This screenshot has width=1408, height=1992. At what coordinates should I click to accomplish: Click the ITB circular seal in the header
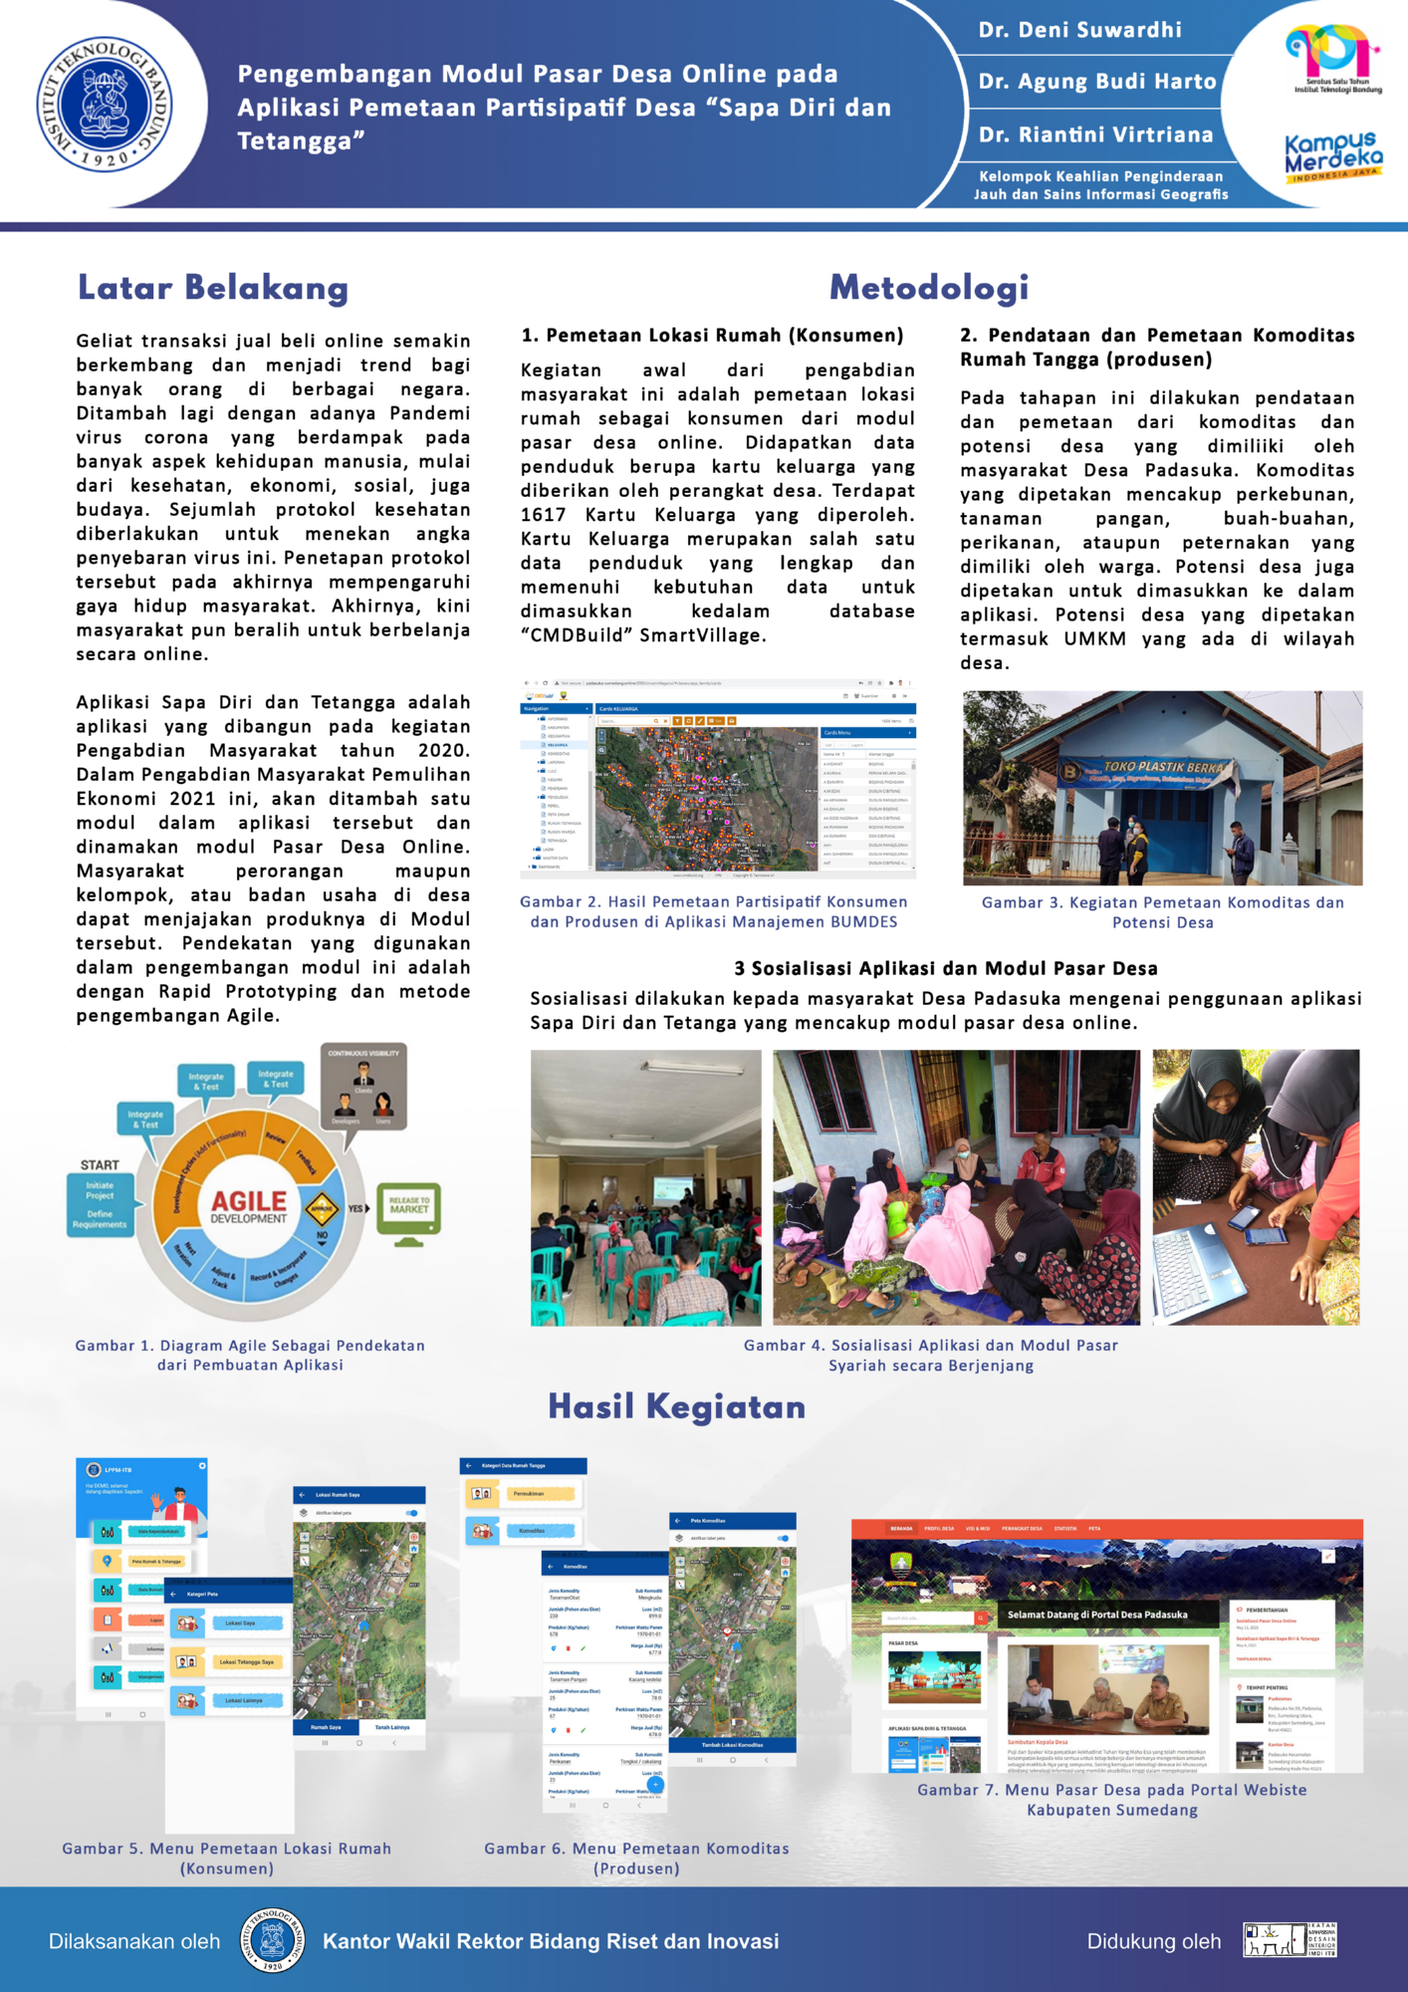[x=105, y=104]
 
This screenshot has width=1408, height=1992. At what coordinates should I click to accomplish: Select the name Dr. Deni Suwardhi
[x=1079, y=30]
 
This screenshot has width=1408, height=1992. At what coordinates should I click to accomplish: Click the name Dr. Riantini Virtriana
[x=1095, y=134]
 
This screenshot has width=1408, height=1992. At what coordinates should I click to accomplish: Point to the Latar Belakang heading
[x=213, y=288]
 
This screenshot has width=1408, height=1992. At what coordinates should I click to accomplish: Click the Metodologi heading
[x=928, y=288]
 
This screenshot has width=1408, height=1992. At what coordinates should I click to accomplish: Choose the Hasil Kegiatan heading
[x=676, y=1406]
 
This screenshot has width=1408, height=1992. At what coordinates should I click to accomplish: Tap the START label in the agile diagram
[x=100, y=1164]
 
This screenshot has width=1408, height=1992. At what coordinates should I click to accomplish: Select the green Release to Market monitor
[x=409, y=1211]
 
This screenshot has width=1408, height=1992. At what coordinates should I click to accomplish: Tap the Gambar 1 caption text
[x=250, y=1355]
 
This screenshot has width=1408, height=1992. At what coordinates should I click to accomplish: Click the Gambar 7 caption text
[x=1111, y=1799]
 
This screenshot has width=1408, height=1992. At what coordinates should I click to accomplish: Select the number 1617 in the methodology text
[x=544, y=515]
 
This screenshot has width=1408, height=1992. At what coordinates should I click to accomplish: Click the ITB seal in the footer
[x=271, y=1940]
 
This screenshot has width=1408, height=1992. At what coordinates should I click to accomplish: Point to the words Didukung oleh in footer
[x=1153, y=1941]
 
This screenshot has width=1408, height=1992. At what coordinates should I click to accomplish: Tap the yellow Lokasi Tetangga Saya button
[x=247, y=1661]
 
